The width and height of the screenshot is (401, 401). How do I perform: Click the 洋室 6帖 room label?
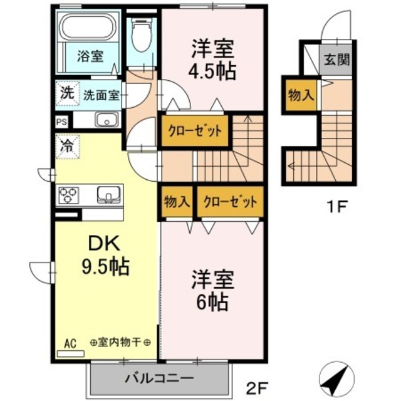pos(210,291)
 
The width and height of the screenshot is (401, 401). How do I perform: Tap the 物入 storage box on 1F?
pos(300,95)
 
